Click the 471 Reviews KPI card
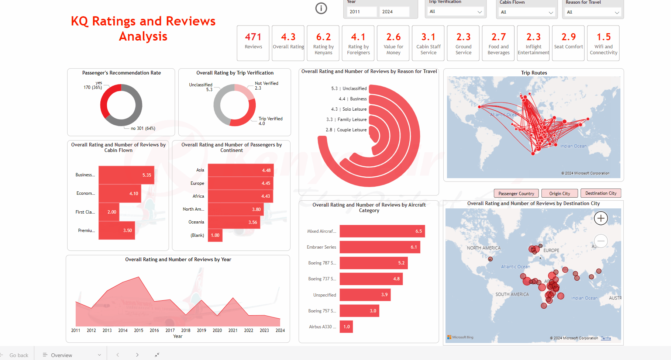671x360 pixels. pos(253,43)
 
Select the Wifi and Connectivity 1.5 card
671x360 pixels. pos(603,43)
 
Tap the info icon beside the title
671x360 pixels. pos(321,8)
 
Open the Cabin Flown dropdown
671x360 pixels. pos(527,12)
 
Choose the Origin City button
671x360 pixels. pos(560,193)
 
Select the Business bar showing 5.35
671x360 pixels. pos(126,175)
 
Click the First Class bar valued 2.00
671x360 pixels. pos(109,212)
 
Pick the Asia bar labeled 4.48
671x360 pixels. pos(240,170)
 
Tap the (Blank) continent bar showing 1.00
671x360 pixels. pos(215,235)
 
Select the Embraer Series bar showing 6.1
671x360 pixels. pos(379,247)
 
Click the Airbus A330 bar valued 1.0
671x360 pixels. pos(346,327)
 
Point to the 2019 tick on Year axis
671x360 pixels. pos(202,330)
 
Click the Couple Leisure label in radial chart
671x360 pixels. pos(351,130)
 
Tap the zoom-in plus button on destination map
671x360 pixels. pos(601,218)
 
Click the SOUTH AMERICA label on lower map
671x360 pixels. pos(512,294)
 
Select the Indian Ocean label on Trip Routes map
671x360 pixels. pos(573,146)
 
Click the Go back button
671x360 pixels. pos(18,355)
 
